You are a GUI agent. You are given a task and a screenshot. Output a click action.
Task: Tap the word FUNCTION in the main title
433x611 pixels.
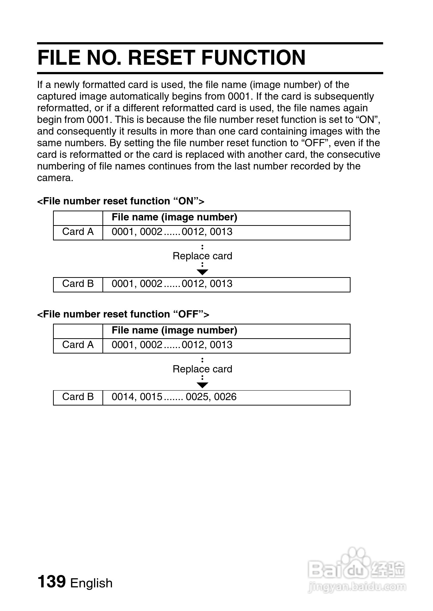pyautogui.click(x=254, y=57)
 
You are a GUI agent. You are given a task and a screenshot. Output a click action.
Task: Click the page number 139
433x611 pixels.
pyautogui.click(x=51, y=581)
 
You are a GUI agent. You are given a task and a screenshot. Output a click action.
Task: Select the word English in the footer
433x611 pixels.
pyautogui.click(x=91, y=583)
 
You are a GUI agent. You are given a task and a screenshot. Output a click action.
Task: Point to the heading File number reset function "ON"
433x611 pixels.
pyautogui.click(x=121, y=201)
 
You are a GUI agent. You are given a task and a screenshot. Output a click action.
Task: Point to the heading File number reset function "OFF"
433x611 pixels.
pyautogui.click(x=123, y=314)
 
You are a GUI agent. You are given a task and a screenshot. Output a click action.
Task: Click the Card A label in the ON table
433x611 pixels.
pyautogui.click(x=78, y=232)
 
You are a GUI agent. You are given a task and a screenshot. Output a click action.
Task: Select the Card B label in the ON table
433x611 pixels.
pyautogui.click(x=78, y=284)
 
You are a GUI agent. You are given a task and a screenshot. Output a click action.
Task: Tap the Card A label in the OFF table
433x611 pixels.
pyautogui.click(x=78, y=345)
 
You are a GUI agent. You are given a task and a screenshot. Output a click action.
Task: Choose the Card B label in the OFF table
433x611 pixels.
pyautogui.click(x=78, y=397)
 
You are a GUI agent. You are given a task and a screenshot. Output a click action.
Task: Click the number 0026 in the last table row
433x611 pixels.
pyautogui.click(x=225, y=397)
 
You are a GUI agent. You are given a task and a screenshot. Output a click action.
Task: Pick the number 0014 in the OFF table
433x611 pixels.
pyautogui.click(x=123, y=397)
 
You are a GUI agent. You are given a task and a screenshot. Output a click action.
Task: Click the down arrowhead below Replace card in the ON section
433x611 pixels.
pyautogui.click(x=202, y=272)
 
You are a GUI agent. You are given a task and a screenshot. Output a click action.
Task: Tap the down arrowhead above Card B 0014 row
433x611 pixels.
pyautogui.click(x=202, y=385)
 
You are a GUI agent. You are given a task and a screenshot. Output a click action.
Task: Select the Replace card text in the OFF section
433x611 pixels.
pyautogui.click(x=202, y=369)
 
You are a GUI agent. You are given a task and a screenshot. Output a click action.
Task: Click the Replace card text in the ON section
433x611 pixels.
pyautogui.click(x=202, y=256)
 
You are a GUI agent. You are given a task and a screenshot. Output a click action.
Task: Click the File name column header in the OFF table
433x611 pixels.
pyautogui.click(x=174, y=330)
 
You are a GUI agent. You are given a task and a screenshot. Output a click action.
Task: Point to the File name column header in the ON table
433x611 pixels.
pyautogui.click(x=174, y=217)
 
